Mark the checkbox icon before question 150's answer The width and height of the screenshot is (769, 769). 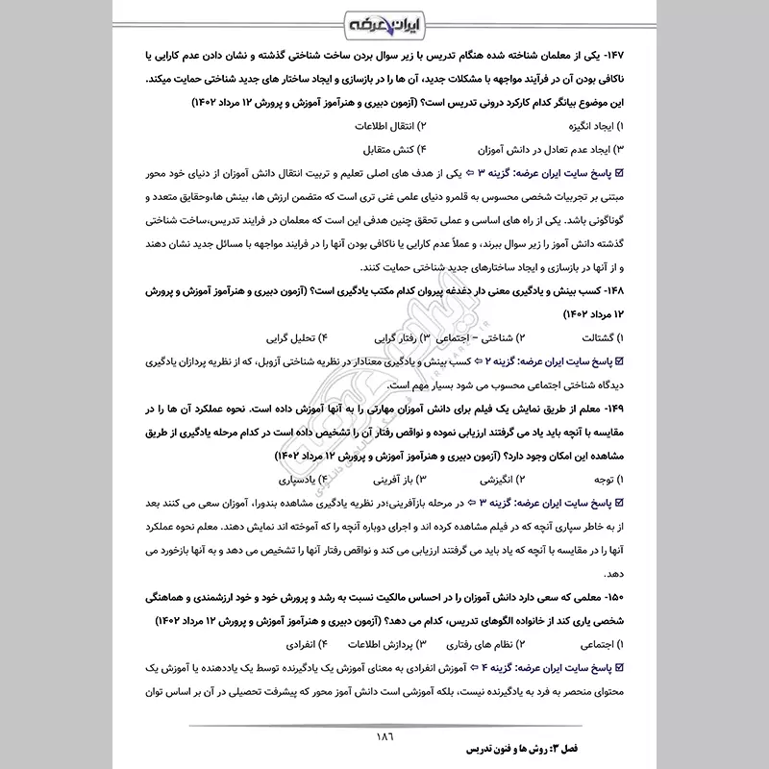[618, 668]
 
